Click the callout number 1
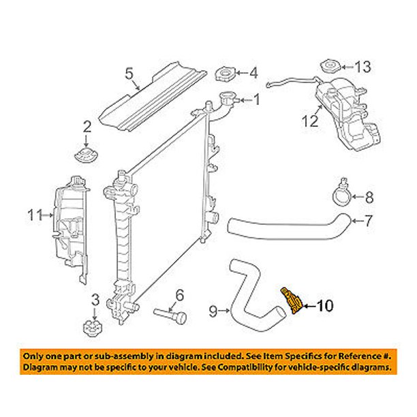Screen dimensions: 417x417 point(257,101)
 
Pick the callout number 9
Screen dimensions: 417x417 point(213,311)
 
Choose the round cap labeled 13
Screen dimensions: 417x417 point(329,67)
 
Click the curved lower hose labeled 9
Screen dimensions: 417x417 point(249,293)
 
